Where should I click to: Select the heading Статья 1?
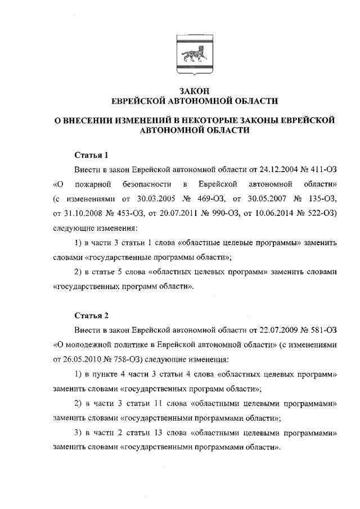pyautogui.click(x=91, y=155)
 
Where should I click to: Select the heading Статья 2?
pyautogui.click(x=91, y=315)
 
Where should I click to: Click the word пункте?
pyautogui.click(x=103, y=374)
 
